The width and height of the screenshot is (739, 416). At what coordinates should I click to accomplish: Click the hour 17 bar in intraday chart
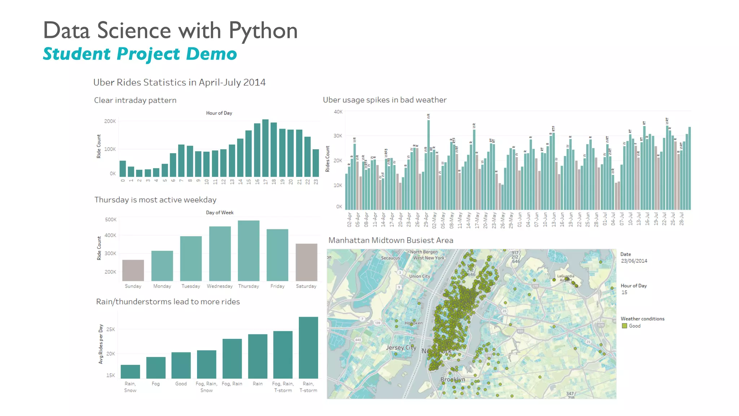265,148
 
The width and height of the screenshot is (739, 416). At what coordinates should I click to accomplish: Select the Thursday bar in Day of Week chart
249,251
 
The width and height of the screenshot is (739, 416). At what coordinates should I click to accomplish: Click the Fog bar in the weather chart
156,368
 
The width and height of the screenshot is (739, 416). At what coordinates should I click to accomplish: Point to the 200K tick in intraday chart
110,121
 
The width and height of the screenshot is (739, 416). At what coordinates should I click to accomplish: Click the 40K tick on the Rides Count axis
338,112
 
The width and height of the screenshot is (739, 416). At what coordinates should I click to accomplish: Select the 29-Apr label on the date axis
426,219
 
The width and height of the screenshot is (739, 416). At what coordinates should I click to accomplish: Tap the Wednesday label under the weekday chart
219,286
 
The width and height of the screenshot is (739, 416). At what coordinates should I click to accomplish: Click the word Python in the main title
263,30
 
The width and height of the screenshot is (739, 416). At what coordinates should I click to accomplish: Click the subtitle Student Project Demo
140,54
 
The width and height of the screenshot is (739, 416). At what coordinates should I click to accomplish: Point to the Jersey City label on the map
401,347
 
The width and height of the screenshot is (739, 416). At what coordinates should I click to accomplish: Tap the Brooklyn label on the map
452,380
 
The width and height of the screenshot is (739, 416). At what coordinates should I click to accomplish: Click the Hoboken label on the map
414,323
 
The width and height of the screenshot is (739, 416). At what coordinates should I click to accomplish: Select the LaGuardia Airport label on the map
565,278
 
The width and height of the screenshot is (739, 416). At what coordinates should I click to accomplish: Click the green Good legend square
624,326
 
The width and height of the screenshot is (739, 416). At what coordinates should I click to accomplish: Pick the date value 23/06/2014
634,261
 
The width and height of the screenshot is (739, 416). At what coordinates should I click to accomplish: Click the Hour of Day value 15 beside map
624,292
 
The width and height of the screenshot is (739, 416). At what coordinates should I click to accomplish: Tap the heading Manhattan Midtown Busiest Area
390,240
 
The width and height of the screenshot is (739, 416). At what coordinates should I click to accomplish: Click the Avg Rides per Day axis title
101,344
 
